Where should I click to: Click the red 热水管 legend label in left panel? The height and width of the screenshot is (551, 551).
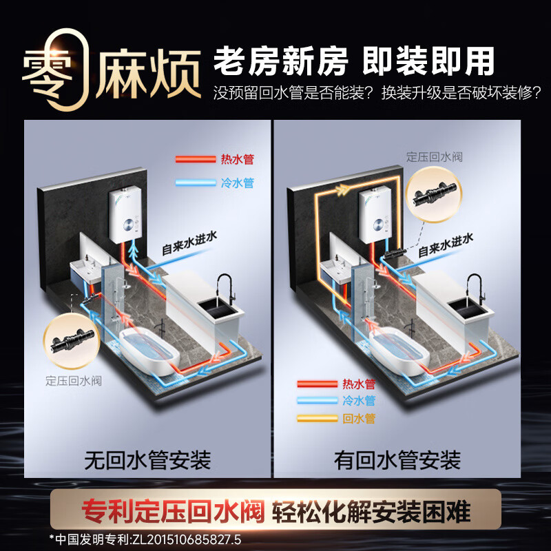pos(238,159)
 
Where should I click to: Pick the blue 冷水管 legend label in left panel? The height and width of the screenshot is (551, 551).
pos(238,183)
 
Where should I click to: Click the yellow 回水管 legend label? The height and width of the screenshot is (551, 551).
pos(358,418)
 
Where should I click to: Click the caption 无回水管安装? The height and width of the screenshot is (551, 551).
pos(147,459)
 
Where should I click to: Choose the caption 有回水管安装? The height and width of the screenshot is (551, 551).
pos(397,459)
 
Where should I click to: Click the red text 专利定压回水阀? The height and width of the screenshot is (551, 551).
pos(174,511)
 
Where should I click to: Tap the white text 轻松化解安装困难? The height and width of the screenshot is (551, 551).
pos(372,511)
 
